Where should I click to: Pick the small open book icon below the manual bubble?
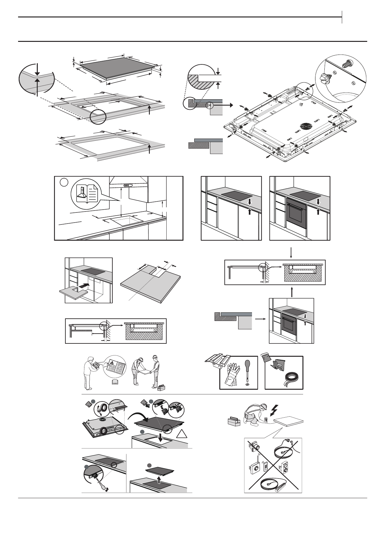coord(115,382)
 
